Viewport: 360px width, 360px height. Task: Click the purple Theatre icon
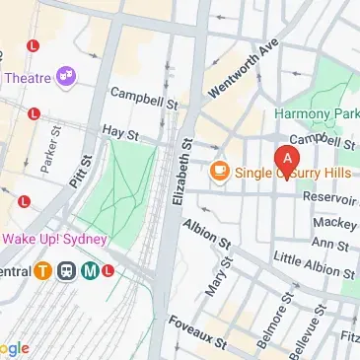67,76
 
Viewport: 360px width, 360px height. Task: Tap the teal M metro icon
89,271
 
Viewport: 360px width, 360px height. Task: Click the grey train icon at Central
67,271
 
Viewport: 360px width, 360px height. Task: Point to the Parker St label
45,146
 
